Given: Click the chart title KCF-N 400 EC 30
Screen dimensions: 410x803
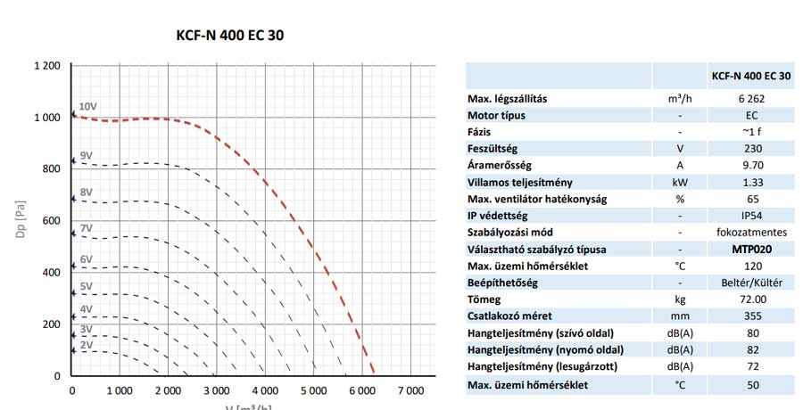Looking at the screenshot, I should (x=231, y=36).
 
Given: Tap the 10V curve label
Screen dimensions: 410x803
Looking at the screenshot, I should (x=87, y=107).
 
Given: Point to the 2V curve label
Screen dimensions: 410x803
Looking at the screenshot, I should (x=87, y=344).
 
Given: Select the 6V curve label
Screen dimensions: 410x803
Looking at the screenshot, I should (x=87, y=259).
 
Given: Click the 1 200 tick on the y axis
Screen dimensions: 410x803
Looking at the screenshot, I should (x=47, y=66).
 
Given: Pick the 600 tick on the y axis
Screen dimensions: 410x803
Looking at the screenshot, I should (x=52, y=221).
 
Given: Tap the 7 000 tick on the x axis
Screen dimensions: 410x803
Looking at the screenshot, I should (x=410, y=390).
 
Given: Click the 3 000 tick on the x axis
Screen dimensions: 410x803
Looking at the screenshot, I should (x=217, y=390).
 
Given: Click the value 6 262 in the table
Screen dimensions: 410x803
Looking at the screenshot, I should (x=751, y=99).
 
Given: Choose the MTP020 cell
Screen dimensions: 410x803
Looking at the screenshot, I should (x=751, y=250).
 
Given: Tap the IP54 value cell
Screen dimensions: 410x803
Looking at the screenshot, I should (x=751, y=216).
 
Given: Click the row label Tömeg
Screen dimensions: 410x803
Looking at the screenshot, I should (x=485, y=299).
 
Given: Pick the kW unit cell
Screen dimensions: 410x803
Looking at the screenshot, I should (x=680, y=183).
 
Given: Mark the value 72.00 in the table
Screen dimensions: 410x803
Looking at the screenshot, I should (x=751, y=299).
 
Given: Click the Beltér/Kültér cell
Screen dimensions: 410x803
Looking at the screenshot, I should (x=751, y=283).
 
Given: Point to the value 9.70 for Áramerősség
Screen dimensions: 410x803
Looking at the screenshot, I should (x=751, y=166).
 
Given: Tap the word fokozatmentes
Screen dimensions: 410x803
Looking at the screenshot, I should (x=751, y=233).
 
